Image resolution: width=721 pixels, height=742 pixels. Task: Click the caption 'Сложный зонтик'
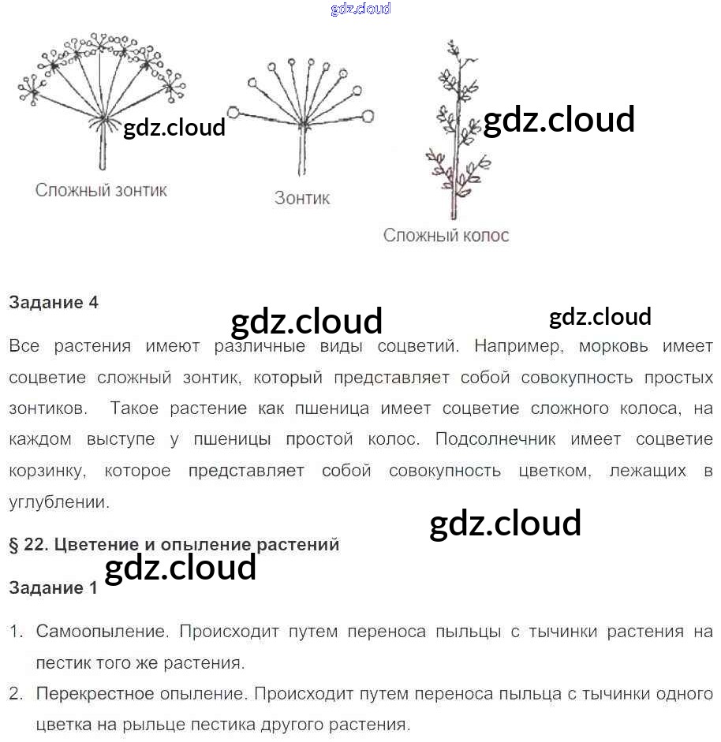point(101,190)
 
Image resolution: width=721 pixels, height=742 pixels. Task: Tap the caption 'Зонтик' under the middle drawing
point(302,198)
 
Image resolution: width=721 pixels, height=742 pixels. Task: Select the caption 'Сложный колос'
point(446,235)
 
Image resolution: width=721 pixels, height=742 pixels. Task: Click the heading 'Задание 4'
point(54,302)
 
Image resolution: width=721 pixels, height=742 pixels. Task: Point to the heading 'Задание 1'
point(54,587)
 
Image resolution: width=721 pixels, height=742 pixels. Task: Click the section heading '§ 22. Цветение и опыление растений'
point(174,544)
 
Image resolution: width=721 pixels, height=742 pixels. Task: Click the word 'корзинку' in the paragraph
point(46,471)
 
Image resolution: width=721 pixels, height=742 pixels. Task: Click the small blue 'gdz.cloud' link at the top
point(360,9)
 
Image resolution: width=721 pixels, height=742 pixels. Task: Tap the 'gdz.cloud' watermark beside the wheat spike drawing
point(558,120)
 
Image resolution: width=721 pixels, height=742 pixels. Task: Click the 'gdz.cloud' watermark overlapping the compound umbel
point(174,127)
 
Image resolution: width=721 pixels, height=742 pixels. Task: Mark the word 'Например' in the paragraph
point(521,346)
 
